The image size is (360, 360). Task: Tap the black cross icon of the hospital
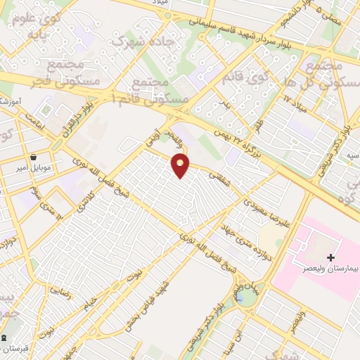click(x=331, y=258)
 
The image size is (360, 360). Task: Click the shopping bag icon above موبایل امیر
click(x=33, y=157)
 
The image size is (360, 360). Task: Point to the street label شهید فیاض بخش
click(x=169, y=309)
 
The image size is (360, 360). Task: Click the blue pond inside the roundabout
click(x=247, y=297)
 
